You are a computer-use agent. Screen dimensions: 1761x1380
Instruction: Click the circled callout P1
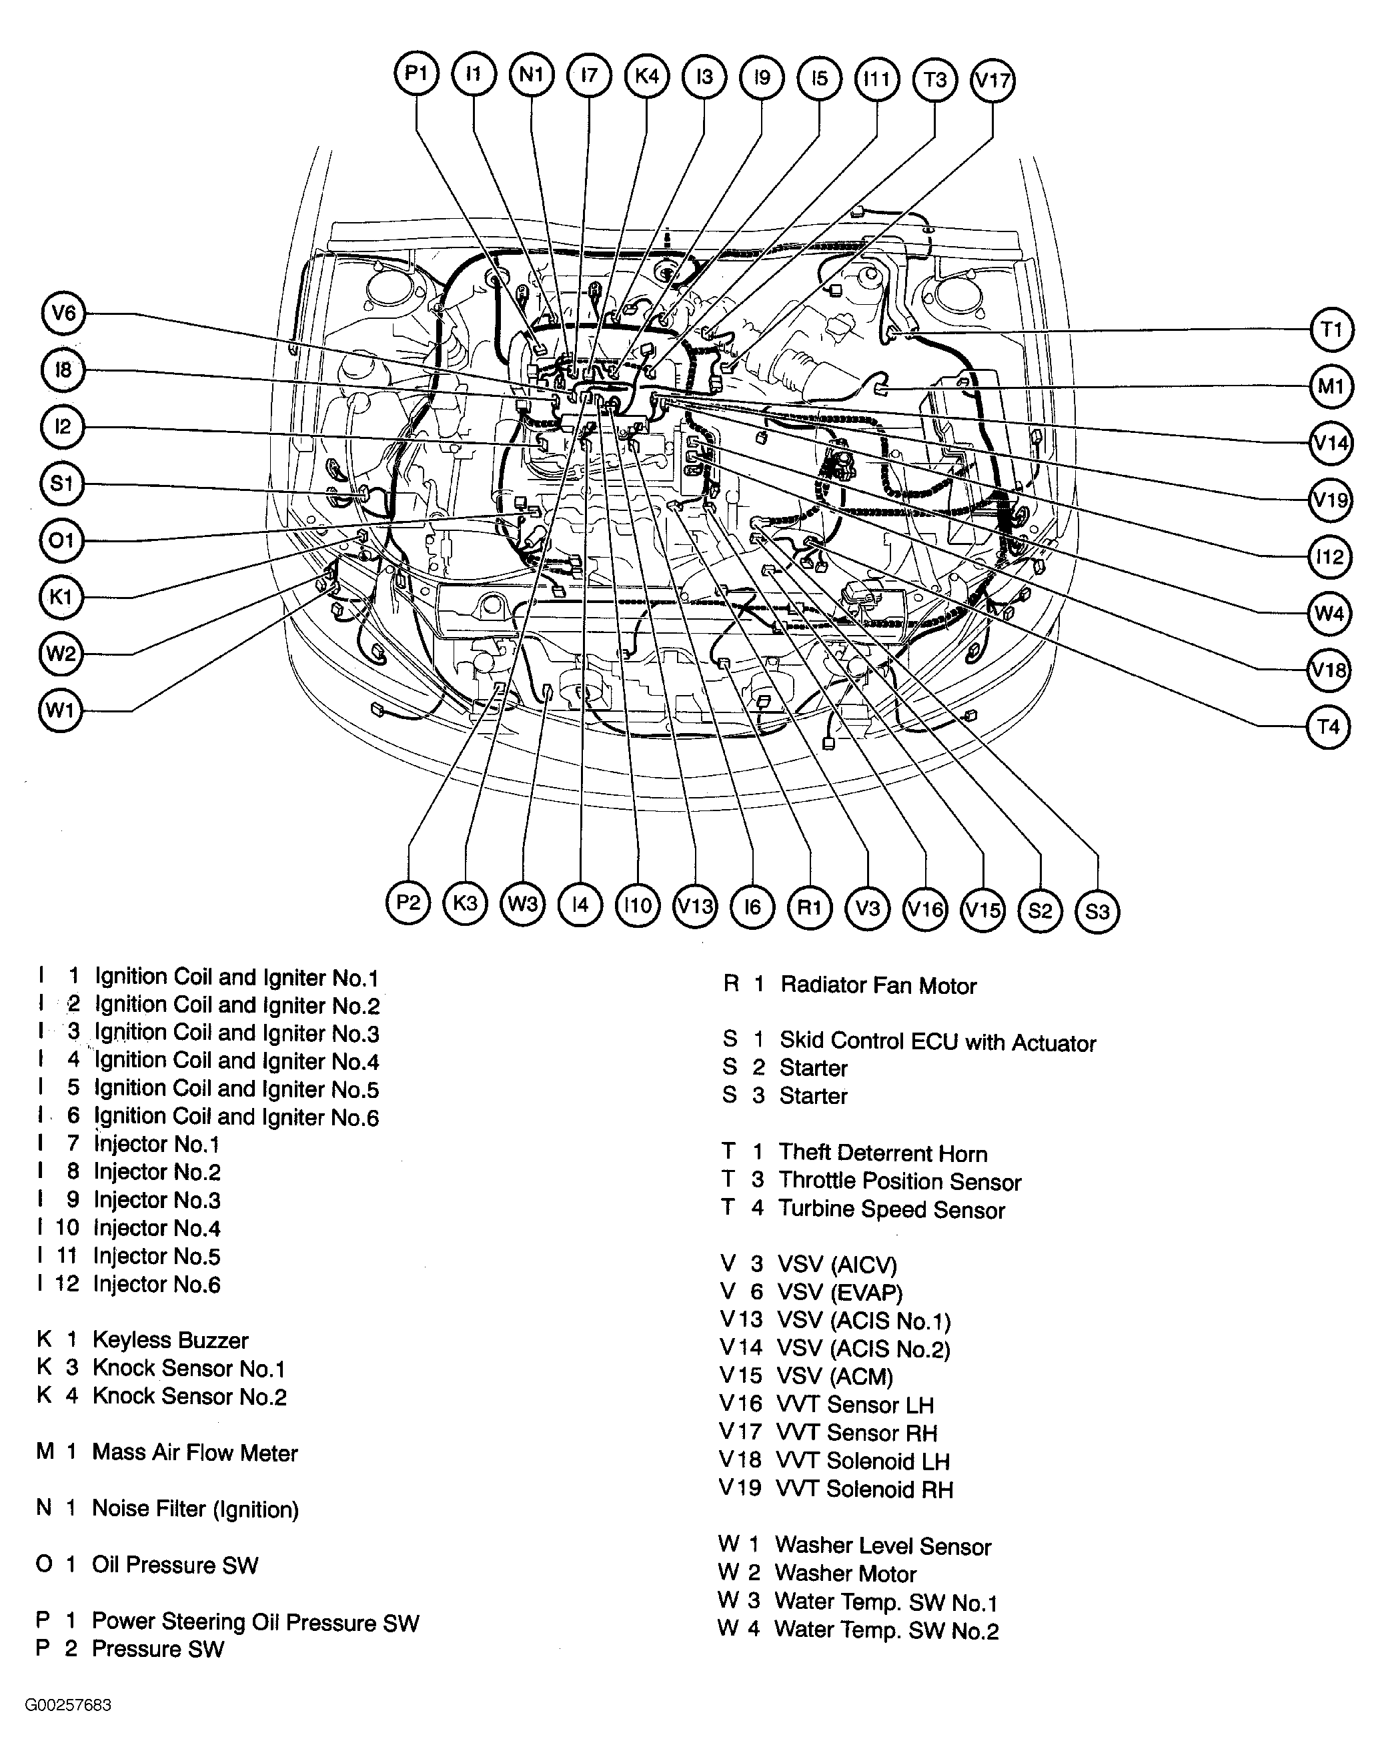[x=416, y=74]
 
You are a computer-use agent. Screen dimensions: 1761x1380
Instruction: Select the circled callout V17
[x=992, y=80]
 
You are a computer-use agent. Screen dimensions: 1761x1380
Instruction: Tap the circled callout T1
[x=1331, y=330]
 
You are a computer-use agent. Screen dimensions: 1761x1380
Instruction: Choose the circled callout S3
[x=1097, y=911]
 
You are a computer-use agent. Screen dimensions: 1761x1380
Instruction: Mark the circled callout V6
[x=63, y=314]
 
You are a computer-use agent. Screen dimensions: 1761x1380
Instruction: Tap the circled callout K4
[x=647, y=75]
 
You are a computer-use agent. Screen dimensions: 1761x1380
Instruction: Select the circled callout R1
[x=810, y=907]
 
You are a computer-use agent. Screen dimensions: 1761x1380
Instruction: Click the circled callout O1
[x=61, y=540]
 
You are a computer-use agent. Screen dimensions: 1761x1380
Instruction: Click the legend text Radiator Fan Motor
[x=878, y=985]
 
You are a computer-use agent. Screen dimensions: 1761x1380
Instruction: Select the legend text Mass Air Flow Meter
[x=194, y=1452]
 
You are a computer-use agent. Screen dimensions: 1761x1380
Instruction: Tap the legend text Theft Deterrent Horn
[x=882, y=1153]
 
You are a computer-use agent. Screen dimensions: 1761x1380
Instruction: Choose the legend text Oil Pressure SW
[x=175, y=1565]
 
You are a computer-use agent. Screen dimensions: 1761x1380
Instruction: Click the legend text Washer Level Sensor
[x=882, y=1546]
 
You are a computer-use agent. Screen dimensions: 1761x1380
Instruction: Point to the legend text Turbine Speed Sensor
[x=891, y=1209]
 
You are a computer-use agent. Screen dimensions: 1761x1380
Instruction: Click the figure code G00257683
[x=68, y=1705]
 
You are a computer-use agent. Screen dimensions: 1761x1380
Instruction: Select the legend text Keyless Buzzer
[x=169, y=1340]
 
